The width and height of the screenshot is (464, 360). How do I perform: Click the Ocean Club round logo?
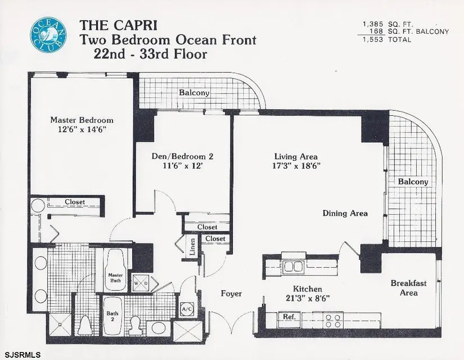tap(48, 35)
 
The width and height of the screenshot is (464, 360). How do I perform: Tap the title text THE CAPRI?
tap(118, 25)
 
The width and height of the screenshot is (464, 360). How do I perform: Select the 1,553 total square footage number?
tap(373, 40)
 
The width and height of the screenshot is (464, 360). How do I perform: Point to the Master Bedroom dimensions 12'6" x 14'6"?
tap(82, 129)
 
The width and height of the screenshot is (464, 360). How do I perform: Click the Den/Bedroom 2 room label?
tap(182, 156)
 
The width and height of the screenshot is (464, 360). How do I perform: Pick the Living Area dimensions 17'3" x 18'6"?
tap(296, 166)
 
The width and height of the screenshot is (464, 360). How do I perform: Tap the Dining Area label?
tap(345, 213)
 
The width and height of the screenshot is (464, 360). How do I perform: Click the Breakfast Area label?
tap(409, 288)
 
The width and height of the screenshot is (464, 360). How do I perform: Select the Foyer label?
tap(231, 294)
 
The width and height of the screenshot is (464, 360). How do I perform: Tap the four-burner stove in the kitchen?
tap(333, 320)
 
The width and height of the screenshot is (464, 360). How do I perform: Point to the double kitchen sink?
tap(293, 267)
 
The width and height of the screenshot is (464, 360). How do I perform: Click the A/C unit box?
tap(187, 309)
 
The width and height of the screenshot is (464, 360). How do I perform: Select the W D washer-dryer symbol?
tap(141, 283)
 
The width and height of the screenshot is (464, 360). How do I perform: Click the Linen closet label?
tap(192, 247)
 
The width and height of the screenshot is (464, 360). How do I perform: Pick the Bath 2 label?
tap(112, 316)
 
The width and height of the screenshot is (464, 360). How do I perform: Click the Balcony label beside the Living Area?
tap(413, 182)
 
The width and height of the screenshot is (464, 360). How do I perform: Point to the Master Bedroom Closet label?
tap(75, 202)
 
